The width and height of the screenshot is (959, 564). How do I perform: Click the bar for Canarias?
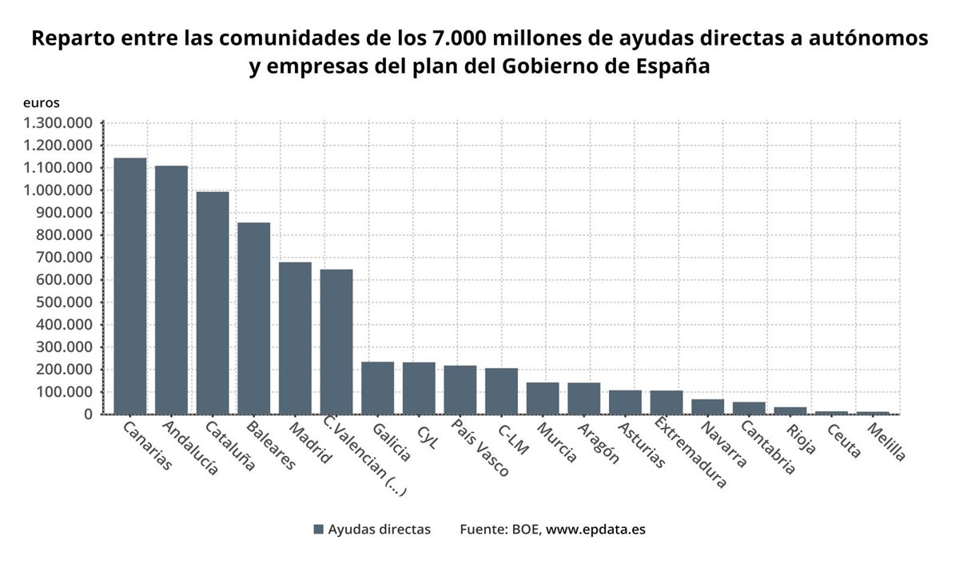tap(130, 286)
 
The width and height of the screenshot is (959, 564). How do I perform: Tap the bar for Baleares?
tap(254, 318)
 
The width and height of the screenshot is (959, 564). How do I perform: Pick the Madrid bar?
tap(295, 338)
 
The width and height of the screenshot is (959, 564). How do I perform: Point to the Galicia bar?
tap(377, 388)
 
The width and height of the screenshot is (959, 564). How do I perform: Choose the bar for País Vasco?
tap(460, 390)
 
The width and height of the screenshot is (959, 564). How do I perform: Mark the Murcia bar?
tap(543, 398)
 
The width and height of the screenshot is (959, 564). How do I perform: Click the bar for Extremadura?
tap(667, 402)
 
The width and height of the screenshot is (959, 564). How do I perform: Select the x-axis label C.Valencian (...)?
tap(364, 456)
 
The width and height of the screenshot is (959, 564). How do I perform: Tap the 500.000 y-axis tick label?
tap(63, 302)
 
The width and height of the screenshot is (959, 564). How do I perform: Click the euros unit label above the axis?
tap(41, 102)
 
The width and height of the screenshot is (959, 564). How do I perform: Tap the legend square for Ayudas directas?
tap(319, 530)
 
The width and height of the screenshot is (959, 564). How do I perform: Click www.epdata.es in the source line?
tap(595, 530)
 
